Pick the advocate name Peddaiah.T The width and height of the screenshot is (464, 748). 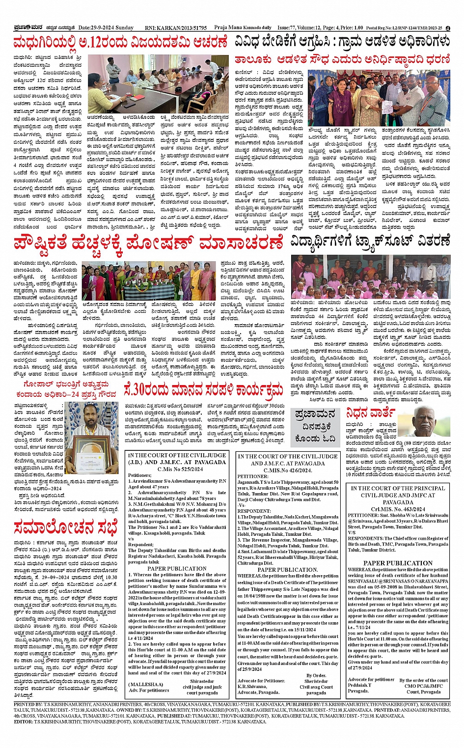tap(359, 685)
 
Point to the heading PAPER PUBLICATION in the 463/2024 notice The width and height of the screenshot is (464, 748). tap(398, 563)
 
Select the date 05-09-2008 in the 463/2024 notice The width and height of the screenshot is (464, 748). tap(386, 586)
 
